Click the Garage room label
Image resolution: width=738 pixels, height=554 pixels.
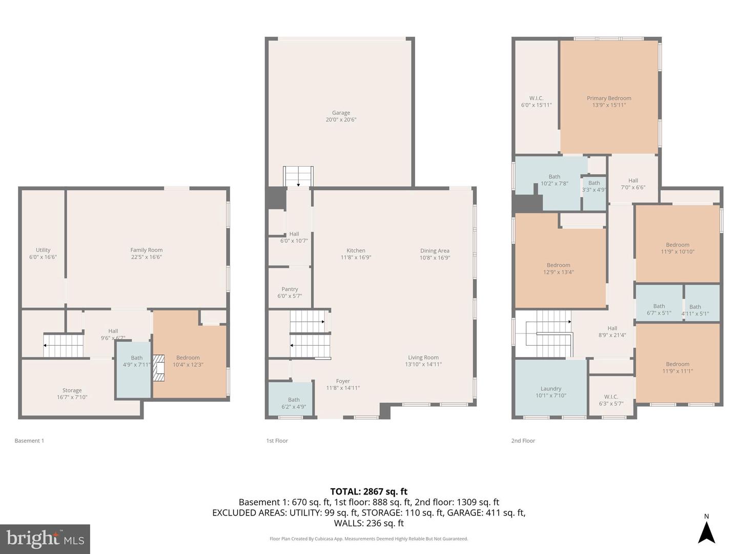click(341, 113)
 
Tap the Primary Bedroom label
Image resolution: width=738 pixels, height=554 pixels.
click(609, 98)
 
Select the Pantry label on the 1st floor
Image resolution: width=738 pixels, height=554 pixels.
click(290, 289)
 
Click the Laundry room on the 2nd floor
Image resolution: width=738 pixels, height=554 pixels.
click(551, 388)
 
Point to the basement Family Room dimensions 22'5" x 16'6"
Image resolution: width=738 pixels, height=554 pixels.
click(147, 257)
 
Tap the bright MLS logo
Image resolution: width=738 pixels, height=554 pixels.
click(45, 539)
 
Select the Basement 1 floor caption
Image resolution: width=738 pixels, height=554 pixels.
click(29, 441)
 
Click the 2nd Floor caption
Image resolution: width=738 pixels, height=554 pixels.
click(523, 441)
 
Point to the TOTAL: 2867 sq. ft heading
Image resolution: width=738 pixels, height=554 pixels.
click(369, 491)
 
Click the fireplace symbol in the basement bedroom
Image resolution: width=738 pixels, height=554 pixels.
click(159, 368)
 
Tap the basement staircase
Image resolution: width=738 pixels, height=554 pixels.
click(63, 345)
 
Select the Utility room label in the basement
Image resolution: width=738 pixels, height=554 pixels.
click(43, 250)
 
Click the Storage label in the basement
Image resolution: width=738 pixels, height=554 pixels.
click(72, 390)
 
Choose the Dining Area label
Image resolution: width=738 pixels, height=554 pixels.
click(435, 251)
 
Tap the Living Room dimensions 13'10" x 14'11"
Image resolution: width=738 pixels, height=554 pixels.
click(423, 364)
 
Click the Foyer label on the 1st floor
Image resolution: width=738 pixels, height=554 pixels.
click(343, 381)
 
